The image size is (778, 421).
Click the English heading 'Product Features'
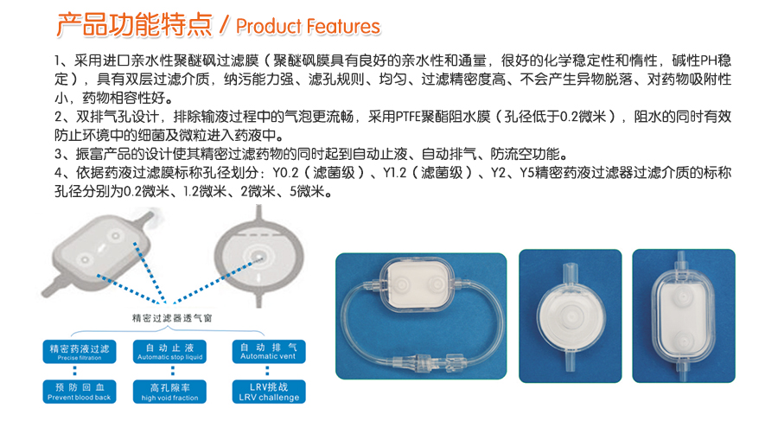click(x=308, y=26)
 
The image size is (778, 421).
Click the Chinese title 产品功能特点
click(x=135, y=25)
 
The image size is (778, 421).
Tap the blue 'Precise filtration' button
click(x=80, y=352)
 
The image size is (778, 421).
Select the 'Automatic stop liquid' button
click(x=169, y=351)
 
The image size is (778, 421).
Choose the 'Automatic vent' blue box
click(x=269, y=351)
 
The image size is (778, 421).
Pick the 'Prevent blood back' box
click(x=80, y=392)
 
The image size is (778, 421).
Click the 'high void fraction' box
click(x=169, y=392)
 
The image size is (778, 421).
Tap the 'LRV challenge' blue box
click(x=269, y=392)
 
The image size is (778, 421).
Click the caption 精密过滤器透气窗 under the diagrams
click(x=172, y=318)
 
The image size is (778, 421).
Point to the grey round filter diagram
click(x=258, y=258)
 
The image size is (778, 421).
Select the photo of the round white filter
click(x=571, y=316)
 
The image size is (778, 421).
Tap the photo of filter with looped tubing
click(x=421, y=316)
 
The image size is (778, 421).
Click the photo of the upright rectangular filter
click(x=684, y=316)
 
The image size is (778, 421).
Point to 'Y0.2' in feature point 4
click(x=285, y=173)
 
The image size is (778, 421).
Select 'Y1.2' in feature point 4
click(x=394, y=173)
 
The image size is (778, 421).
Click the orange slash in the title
click(x=224, y=26)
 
